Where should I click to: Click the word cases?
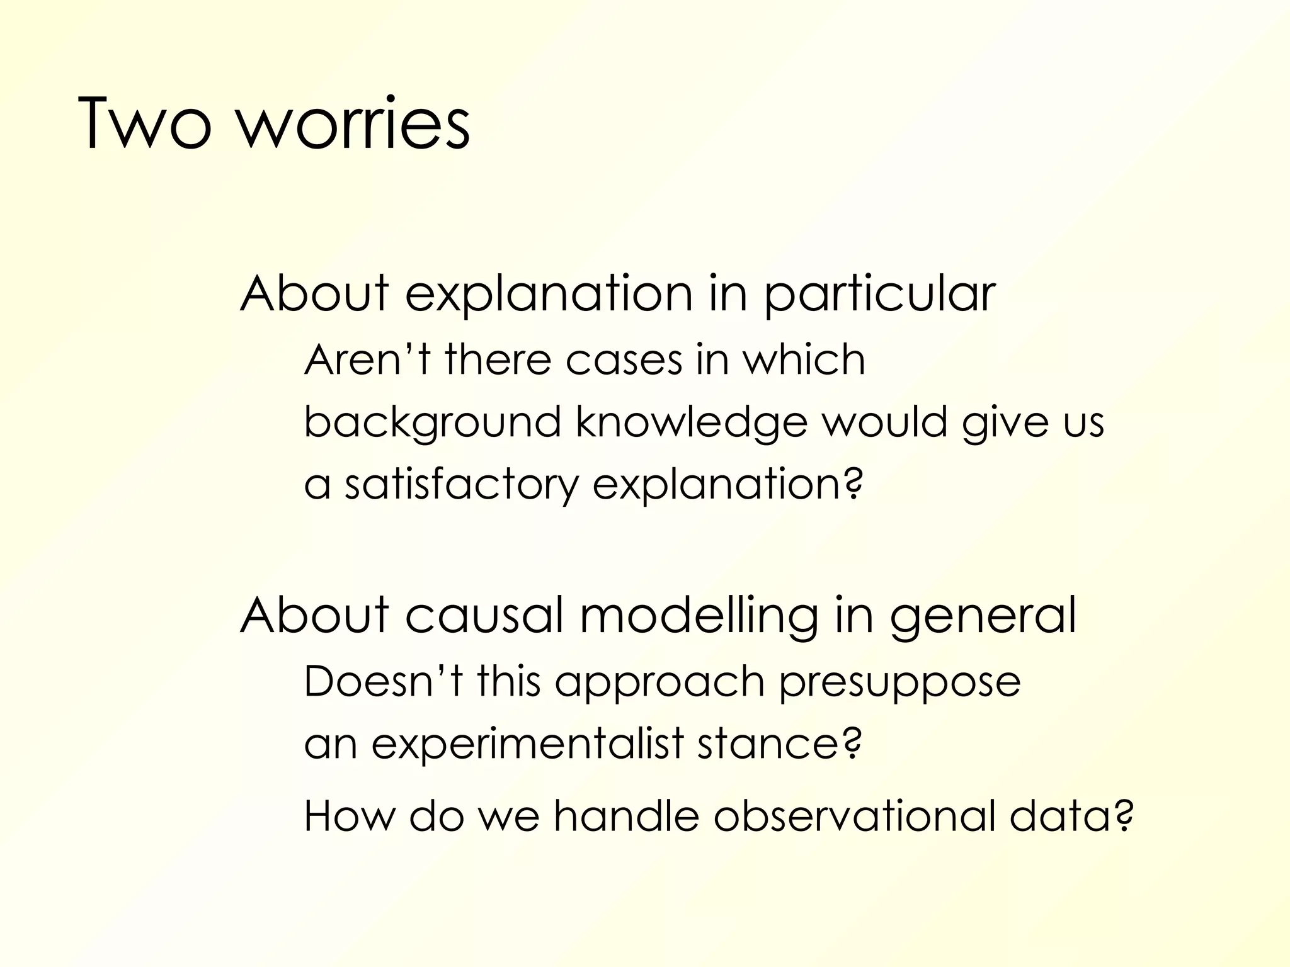[x=624, y=360]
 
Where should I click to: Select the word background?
[x=432, y=423]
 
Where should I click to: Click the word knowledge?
[x=691, y=423]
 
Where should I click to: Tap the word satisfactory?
[x=461, y=485]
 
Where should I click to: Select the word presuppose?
[x=899, y=683]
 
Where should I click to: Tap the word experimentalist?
[x=527, y=744]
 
